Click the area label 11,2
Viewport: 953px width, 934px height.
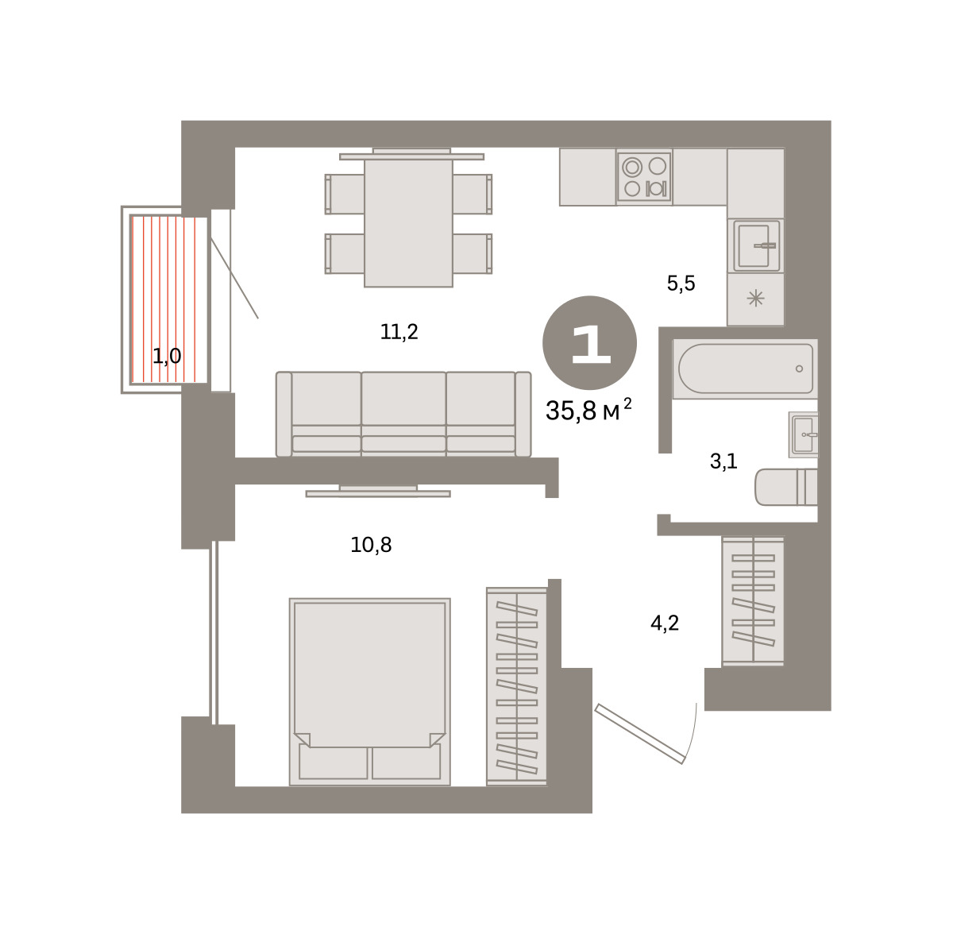coord(399,332)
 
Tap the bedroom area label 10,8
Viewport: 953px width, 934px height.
coord(371,545)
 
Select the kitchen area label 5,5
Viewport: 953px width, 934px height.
coord(681,284)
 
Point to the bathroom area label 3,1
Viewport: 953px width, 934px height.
coord(723,461)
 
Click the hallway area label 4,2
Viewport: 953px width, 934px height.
coord(665,623)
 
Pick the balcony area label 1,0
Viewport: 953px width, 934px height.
coord(167,356)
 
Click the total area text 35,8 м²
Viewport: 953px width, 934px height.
coord(588,410)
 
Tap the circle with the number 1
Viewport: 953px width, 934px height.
coord(589,343)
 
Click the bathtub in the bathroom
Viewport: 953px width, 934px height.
coord(745,369)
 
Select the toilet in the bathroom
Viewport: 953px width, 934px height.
coord(786,488)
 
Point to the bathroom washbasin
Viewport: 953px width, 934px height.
coord(803,435)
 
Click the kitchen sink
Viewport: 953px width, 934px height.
coord(756,246)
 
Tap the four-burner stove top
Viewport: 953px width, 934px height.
coord(644,176)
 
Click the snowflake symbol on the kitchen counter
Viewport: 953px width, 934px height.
coord(756,299)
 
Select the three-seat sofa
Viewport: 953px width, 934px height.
coord(403,414)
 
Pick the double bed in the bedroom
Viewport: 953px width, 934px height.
coord(370,692)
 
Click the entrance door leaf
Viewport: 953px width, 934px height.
coord(640,734)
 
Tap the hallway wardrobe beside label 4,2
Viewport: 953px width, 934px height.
coord(753,600)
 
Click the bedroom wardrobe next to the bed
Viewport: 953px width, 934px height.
coord(517,686)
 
